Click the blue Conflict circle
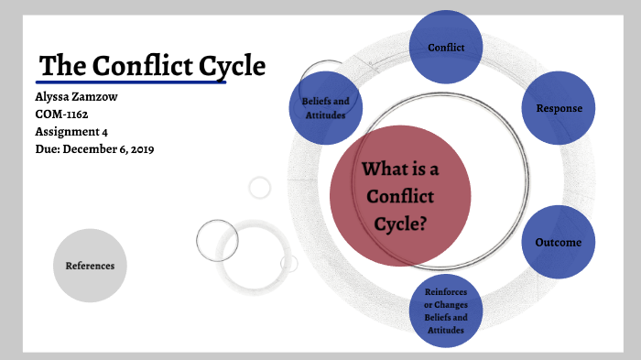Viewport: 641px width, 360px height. [x=446, y=46]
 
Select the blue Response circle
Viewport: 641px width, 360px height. [x=559, y=108]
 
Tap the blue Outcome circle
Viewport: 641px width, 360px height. [x=559, y=243]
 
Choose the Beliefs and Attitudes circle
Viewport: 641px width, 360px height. [x=325, y=107]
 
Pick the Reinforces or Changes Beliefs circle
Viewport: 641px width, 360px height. [x=445, y=311]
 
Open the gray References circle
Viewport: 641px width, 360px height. [x=90, y=266]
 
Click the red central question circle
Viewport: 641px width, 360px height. [x=399, y=195]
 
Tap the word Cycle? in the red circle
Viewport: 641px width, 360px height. [x=400, y=223]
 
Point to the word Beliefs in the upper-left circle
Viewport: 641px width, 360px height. [x=316, y=101]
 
